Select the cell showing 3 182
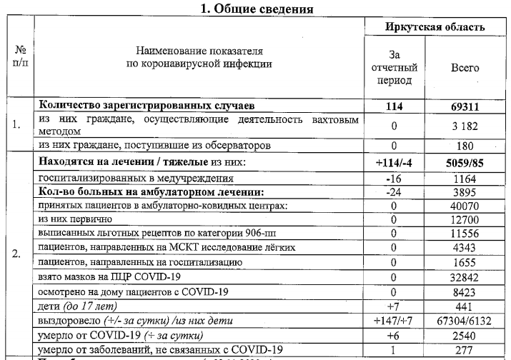click(x=465, y=126)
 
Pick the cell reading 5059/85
click(x=465, y=162)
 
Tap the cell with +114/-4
click(x=395, y=162)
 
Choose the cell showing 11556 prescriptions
click(x=465, y=234)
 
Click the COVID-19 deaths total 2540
click(x=465, y=334)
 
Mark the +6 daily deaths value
click(x=395, y=334)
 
